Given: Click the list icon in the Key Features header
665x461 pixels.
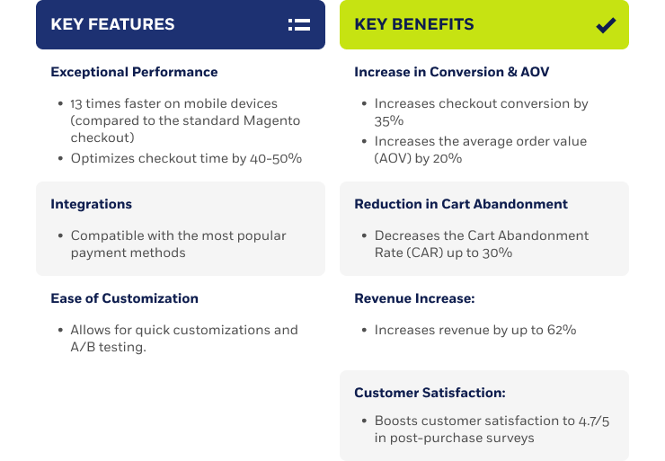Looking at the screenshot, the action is click(x=299, y=24).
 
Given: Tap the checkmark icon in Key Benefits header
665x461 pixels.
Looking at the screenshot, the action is click(x=606, y=25).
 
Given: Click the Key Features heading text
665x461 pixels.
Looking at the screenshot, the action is click(x=112, y=24).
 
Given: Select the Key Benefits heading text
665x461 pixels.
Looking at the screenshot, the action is click(x=414, y=24).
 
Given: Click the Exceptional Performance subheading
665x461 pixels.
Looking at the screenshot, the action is click(x=134, y=72).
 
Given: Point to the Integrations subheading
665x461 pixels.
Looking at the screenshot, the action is click(x=91, y=204).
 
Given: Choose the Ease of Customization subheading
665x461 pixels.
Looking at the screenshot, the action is click(x=124, y=298).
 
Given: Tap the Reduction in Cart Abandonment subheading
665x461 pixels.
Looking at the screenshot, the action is click(x=461, y=204).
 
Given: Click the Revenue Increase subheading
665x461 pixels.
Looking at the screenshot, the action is click(x=414, y=298).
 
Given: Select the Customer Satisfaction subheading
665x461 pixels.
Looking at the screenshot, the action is click(x=430, y=393).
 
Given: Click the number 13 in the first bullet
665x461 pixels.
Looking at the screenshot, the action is click(x=76, y=103).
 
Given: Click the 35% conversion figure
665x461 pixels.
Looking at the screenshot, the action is click(x=389, y=121).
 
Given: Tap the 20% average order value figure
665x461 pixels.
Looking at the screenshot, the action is click(x=447, y=158).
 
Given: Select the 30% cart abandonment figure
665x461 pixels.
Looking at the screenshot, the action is click(x=497, y=253).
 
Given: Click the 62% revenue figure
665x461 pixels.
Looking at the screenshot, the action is click(x=562, y=330).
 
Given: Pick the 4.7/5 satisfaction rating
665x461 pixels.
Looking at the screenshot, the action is click(x=594, y=421).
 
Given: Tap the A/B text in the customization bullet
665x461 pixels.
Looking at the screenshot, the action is click(x=83, y=347).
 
